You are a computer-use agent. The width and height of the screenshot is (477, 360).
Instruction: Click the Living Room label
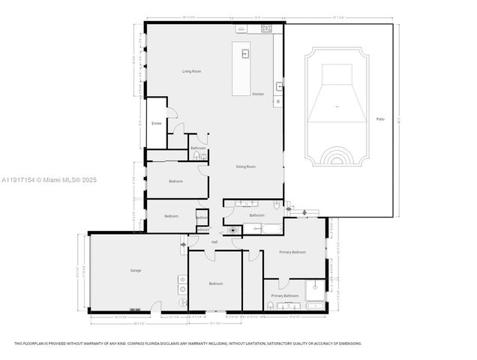(x=191, y=71)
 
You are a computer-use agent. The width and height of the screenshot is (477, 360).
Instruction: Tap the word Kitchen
(x=258, y=94)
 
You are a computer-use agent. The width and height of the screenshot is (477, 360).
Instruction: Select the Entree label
(x=157, y=122)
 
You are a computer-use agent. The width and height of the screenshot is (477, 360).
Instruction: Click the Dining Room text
(x=246, y=166)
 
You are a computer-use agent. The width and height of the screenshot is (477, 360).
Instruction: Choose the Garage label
(x=136, y=270)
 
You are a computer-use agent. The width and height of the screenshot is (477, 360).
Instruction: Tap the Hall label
(x=214, y=241)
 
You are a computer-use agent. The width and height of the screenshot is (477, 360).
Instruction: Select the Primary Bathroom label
(x=285, y=295)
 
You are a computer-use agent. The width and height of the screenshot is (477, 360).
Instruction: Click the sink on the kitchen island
(x=245, y=54)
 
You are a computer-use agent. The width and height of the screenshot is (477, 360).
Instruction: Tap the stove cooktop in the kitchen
(x=266, y=28)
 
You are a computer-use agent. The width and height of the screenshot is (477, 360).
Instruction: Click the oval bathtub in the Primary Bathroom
(x=316, y=305)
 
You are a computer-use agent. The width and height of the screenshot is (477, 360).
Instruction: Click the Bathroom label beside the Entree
(x=198, y=148)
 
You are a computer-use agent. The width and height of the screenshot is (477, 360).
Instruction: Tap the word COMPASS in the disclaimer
(x=142, y=343)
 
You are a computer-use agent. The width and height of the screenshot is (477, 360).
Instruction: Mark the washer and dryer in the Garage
(x=182, y=284)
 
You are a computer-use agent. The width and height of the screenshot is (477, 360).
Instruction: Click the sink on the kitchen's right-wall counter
(x=279, y=85)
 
